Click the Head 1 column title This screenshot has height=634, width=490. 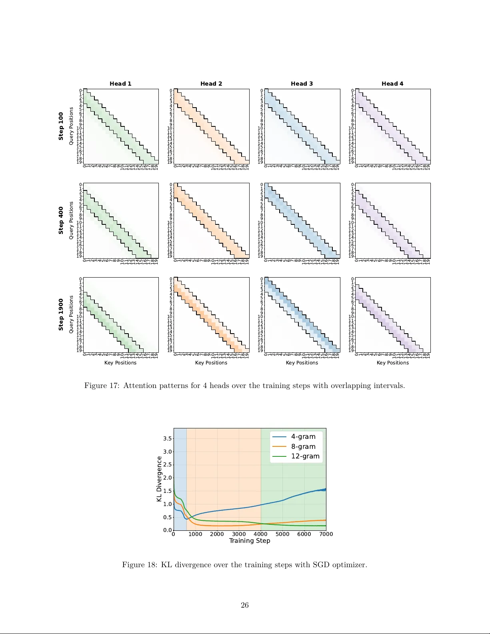120,84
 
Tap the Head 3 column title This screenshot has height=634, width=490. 302,84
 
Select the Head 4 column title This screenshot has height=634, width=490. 392,84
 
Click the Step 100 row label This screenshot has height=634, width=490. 61,126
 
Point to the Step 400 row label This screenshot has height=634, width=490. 61,220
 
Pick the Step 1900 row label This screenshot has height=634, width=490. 61,314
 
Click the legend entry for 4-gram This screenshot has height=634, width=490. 303,437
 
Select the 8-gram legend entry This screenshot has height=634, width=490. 303,446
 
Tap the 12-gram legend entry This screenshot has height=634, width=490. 305,456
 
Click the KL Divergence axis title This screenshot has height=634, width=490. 159,479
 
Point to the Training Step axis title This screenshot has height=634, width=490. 250,541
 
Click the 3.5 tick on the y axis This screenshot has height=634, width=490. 167,438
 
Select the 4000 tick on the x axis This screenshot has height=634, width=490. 260,534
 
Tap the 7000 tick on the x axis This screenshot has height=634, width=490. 326,534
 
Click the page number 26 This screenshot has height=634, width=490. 245,605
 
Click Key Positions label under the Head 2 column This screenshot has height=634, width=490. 211,363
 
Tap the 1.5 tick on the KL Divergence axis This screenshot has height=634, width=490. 167,491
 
